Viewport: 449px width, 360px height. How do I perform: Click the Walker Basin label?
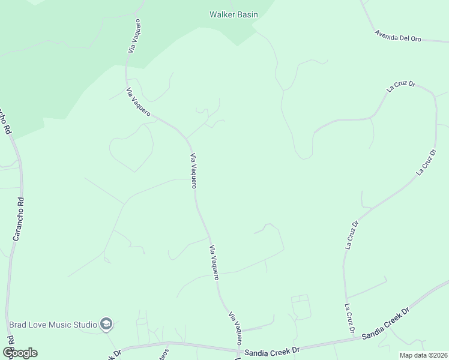234,14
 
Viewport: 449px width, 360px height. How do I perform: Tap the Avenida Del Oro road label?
398,36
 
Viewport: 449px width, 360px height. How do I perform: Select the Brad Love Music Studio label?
53,325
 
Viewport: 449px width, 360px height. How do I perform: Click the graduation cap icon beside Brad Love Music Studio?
106,325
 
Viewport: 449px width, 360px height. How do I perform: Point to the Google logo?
20,352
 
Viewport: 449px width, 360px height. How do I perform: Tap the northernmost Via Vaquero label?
134,36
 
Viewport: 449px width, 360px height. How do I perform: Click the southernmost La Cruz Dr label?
349,318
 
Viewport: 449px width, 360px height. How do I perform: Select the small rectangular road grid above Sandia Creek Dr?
300,307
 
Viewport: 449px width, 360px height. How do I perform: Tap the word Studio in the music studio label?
85,325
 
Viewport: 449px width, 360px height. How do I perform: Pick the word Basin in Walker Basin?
247,14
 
